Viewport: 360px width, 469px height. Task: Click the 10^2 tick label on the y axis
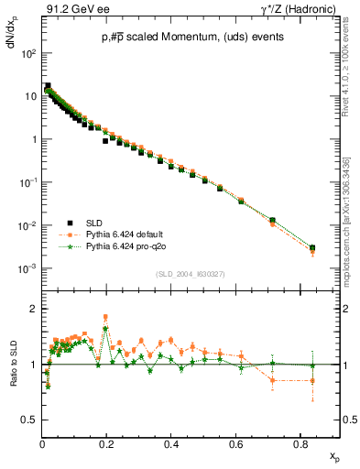click(29, 54)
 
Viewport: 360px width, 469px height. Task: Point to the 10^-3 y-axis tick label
click(28, 268)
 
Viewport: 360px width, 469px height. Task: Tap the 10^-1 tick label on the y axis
click(28, 183)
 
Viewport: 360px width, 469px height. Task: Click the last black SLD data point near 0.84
click(312, 248)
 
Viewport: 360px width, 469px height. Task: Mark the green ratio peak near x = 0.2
click(106, 328)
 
